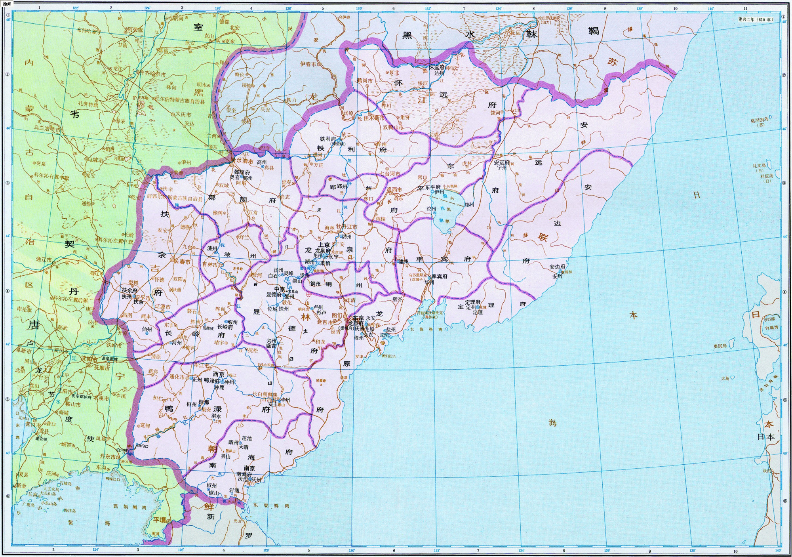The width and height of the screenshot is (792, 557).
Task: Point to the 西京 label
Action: [x=219, y=374]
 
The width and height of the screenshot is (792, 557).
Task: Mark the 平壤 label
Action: [x=160, y=519]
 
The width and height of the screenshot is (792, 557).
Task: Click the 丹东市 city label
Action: [x=108, y=456]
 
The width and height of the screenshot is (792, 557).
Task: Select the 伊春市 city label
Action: [x=308, y=64]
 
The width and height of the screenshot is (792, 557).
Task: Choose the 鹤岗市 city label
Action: [x=365, y=80]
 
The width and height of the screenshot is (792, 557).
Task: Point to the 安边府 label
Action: [x=558, y=267]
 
